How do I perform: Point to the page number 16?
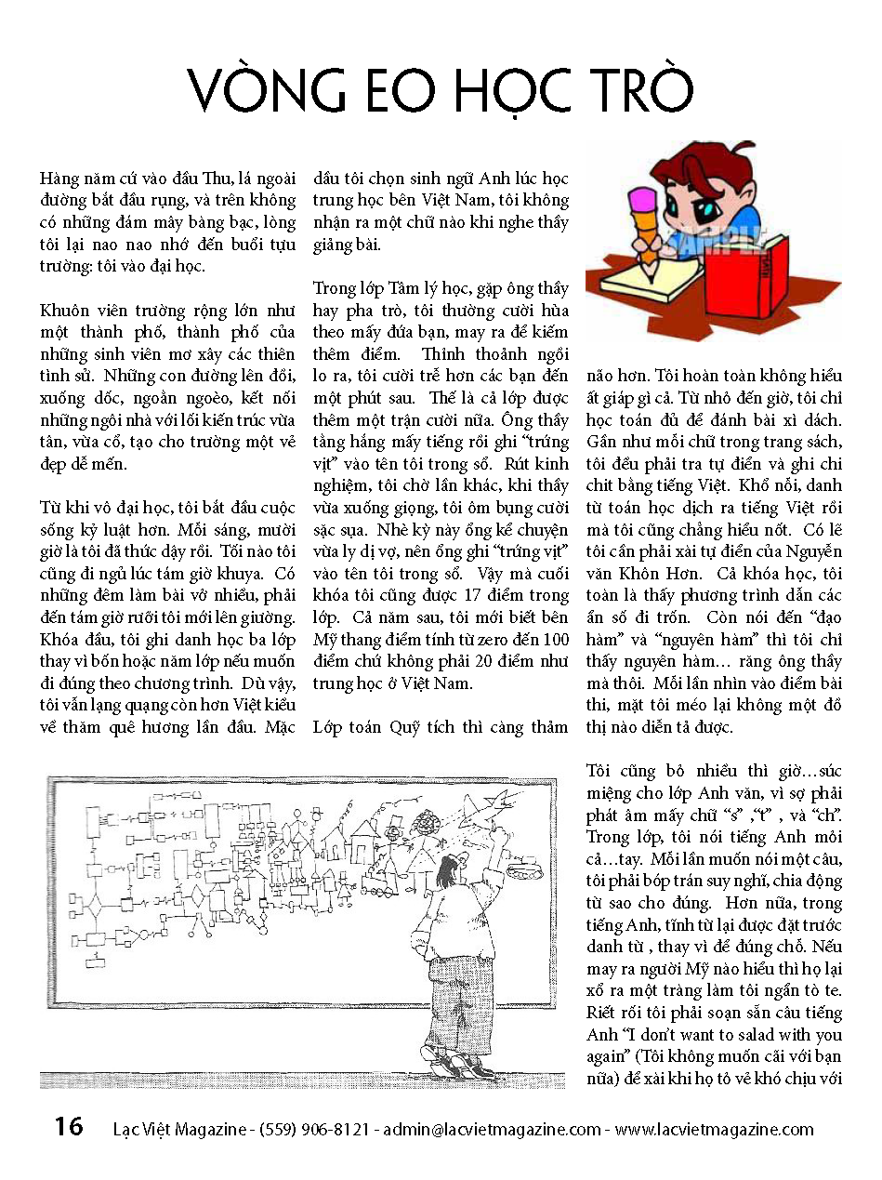[68, 1127]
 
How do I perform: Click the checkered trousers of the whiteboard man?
[454, 1003]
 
